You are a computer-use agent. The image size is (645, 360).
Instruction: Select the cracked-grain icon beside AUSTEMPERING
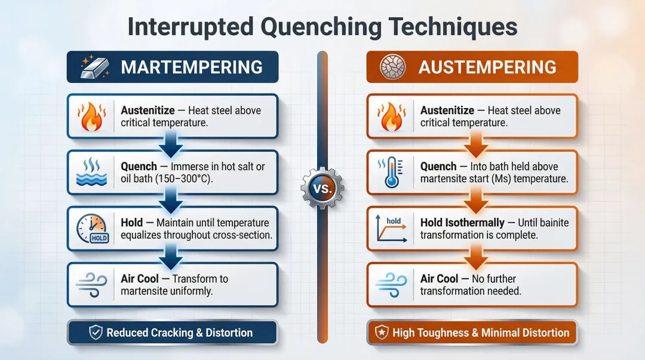click(x=391, y=67)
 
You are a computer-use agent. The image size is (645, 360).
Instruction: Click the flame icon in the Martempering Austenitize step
click(x=92, y=116)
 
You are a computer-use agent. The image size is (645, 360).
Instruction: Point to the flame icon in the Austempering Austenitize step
click(x=392, y=116)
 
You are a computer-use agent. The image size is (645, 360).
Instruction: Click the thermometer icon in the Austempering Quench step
click(x=392, y=173)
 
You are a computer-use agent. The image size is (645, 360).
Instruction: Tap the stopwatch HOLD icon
click(x=92, y=229)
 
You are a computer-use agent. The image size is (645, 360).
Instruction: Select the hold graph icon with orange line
click(x=392, y=229)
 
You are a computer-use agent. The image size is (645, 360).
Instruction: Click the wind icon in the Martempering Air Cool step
click(x=92, y=285)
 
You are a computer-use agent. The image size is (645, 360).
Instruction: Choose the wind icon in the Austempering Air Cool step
click(x=392, y=285)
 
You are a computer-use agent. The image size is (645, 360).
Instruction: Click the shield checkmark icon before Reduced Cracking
click(x=95, y=333)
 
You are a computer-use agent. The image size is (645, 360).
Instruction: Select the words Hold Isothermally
click(x=462, y=223)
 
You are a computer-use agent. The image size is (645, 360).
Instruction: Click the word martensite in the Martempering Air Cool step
click(x=147, y=291)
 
